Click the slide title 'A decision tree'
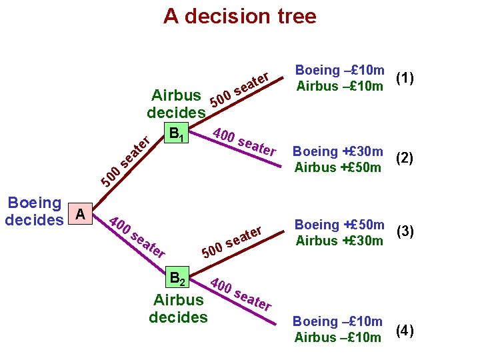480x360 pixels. coord(240,16)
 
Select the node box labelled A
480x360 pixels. coord(80,214)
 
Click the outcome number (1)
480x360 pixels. coord(405,78)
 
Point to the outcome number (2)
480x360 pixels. coord(405,159)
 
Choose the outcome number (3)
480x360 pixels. coord(406,232)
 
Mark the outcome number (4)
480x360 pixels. coord(405,329)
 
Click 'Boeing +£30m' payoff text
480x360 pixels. coord(339,151)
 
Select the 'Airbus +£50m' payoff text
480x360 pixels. coord(338,167)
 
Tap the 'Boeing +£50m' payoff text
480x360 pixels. coord(340,225)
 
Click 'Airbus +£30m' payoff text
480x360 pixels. coord(339,240)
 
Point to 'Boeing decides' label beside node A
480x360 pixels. coord(33,211)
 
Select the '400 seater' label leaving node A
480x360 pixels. coord(136,237)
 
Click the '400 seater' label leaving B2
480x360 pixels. coord(240,293)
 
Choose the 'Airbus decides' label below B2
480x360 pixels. coord(178,308)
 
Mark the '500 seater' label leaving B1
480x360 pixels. coord(240,89)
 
